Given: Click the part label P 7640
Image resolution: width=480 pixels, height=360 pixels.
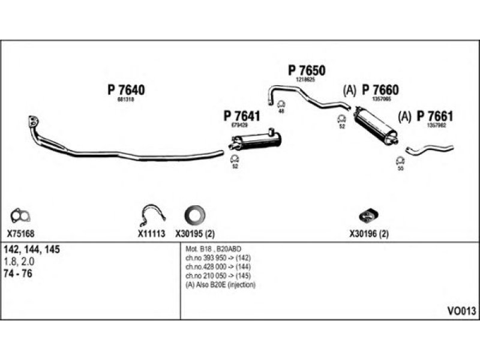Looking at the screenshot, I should click(126, 90).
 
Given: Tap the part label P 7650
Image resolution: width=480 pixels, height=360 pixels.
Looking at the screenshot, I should click(305, 70).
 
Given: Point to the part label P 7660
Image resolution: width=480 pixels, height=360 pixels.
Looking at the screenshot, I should click(380, 90).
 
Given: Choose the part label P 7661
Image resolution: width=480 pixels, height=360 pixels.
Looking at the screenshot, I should click(435, 116).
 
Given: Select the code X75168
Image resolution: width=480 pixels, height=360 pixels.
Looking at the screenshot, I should click(21, 235).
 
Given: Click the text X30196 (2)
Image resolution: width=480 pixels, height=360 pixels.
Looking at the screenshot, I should click(368, 235).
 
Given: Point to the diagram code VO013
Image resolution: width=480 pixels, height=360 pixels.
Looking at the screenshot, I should click(461, 311).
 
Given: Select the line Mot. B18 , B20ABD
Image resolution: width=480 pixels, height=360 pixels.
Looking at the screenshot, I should click(213, 248).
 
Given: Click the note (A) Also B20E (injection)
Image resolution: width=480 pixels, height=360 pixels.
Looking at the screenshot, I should click(220, 284).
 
